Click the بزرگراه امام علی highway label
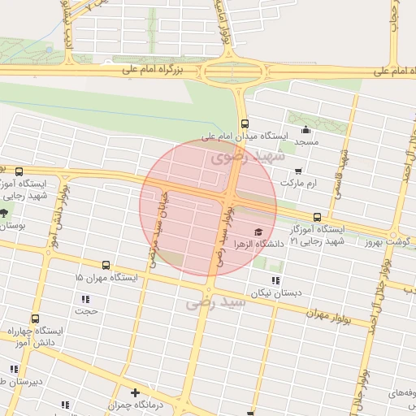point(154,71)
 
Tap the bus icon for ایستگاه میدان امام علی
point(245,123)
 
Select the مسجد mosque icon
point(305,131)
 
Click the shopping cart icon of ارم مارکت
point(299,171)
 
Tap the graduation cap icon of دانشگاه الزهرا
point(258,232)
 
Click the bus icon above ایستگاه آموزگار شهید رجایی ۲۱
point(317,218)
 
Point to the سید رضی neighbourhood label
point(215,303)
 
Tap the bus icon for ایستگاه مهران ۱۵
point(106,265)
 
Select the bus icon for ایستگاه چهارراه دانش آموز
point(34,318)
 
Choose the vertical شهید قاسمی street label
point(344,166)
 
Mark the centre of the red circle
point(208,208)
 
